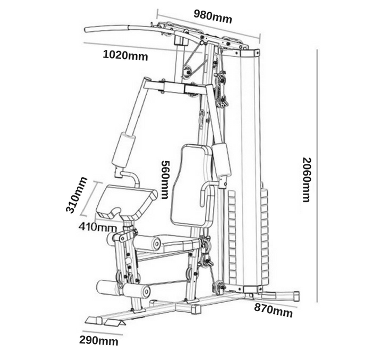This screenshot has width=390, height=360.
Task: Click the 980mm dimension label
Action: point(213,16)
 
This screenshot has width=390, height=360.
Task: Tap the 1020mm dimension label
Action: point(125,55)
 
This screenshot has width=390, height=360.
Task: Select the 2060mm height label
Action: point(306,179)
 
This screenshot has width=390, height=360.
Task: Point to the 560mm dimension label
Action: point(165,180)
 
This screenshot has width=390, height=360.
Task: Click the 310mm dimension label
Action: point(77,195)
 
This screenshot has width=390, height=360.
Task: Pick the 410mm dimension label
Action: point(98,227)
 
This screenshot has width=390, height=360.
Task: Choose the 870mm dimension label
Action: point(273,311)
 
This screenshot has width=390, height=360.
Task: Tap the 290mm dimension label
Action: point(99,340)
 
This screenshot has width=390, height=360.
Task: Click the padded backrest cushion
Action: point(191,186)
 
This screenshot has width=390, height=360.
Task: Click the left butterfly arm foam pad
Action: point(124,149)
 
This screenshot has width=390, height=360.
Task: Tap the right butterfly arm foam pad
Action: point(222,160)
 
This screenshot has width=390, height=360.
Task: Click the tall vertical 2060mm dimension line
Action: point(317,176)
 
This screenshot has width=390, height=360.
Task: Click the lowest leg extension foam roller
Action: point(137,290)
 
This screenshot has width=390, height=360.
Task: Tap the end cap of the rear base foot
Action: point(296,296)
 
